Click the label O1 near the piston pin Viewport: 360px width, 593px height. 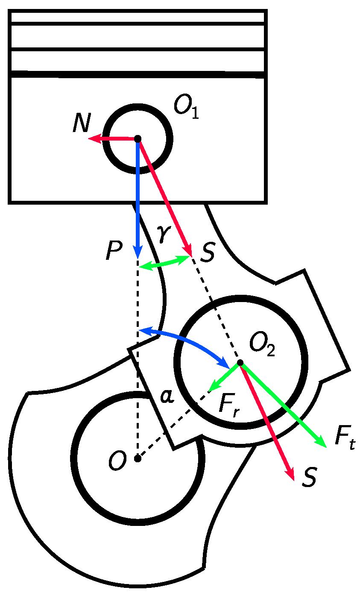pyautogui.click(x=186, y=107)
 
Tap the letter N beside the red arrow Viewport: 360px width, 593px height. pyautogui.click(x=81, y=124)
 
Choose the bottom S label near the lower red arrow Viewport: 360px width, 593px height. pyautogui.click(x=309, y=479)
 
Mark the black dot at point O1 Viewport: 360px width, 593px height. pyautogui.click(x=138, y=139)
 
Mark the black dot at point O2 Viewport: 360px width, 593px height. pyautogui.click(x=240, y=363)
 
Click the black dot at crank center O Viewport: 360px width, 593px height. pyautogui.click(x=138, y=458)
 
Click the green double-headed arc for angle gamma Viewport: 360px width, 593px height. pyautogui.click(x=164, y=263)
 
